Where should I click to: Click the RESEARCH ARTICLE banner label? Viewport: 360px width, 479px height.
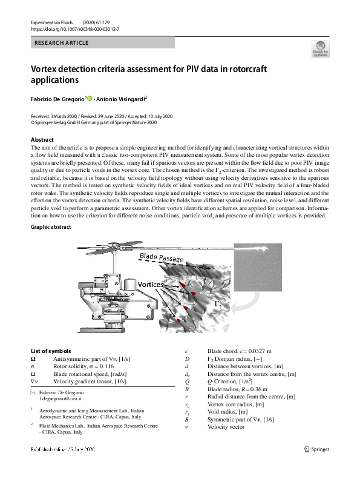coord(62,43)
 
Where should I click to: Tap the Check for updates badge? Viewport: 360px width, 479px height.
coord(320,49)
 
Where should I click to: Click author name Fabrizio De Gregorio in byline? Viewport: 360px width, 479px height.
coord(57,98)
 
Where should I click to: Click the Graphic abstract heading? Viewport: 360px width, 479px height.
coord(51,227)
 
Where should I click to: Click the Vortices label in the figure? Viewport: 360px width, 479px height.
coord(149,284)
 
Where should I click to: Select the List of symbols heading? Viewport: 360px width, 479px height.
coord(51,351)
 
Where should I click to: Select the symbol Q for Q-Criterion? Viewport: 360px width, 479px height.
coord(187,382)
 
